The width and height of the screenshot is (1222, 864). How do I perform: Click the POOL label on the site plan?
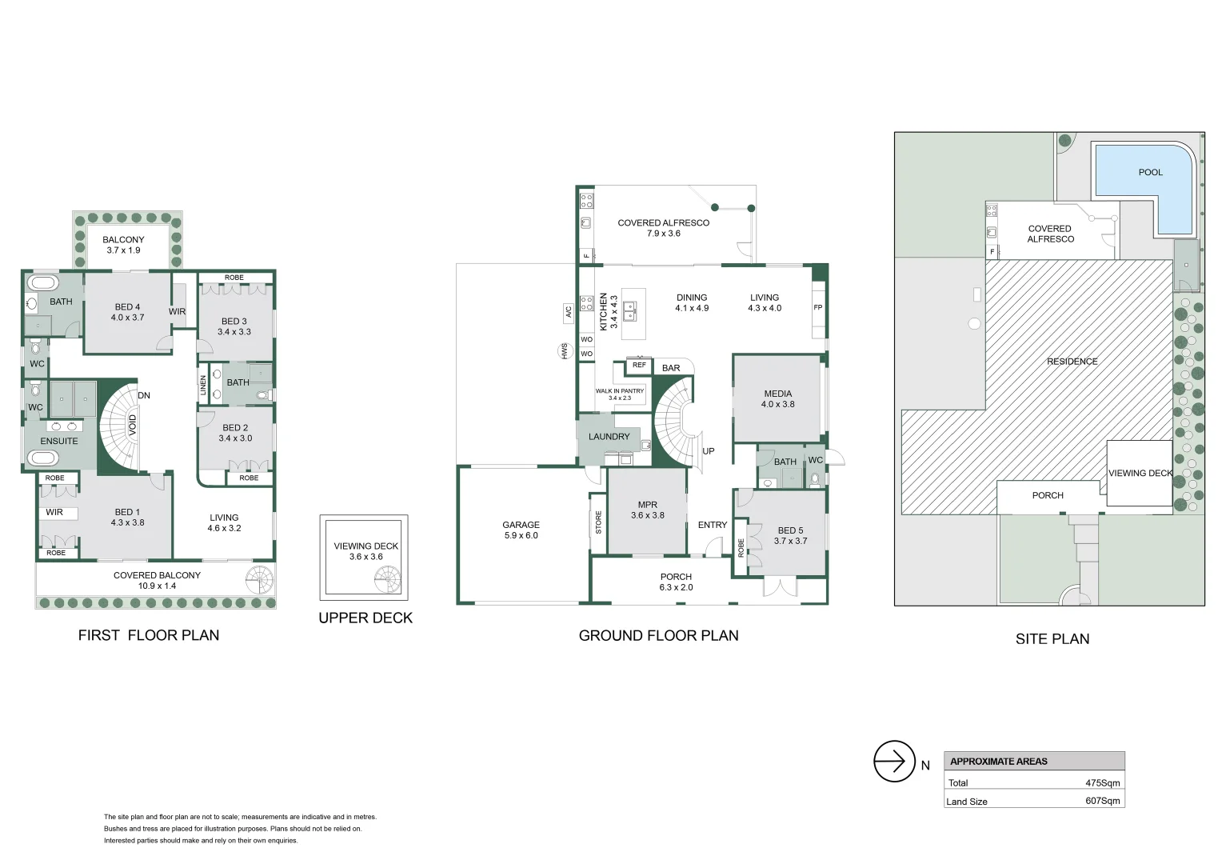1150,172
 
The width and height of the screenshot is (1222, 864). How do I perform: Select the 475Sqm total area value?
1103,782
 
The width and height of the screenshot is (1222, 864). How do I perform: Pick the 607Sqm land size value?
1103,801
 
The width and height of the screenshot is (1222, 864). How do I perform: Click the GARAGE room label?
521,525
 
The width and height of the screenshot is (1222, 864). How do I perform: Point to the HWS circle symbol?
565,351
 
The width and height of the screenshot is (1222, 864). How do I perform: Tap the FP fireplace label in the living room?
818,307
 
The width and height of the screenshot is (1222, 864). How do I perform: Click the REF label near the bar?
639,365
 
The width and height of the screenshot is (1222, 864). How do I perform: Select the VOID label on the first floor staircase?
132,426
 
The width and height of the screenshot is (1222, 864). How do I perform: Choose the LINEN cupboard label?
203,386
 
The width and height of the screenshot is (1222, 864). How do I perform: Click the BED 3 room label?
234,322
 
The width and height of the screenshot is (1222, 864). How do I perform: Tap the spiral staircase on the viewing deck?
387,580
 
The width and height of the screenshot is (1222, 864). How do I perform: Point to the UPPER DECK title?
365,618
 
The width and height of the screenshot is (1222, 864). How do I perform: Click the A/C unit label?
568,312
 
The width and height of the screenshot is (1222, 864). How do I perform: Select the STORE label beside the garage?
598,522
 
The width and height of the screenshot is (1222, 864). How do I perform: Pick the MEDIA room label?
778,394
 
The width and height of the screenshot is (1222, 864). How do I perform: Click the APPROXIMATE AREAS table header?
998,762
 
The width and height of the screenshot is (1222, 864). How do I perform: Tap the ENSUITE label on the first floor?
59,441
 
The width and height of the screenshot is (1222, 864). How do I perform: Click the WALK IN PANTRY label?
620,390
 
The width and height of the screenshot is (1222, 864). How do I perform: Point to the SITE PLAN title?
1052,639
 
